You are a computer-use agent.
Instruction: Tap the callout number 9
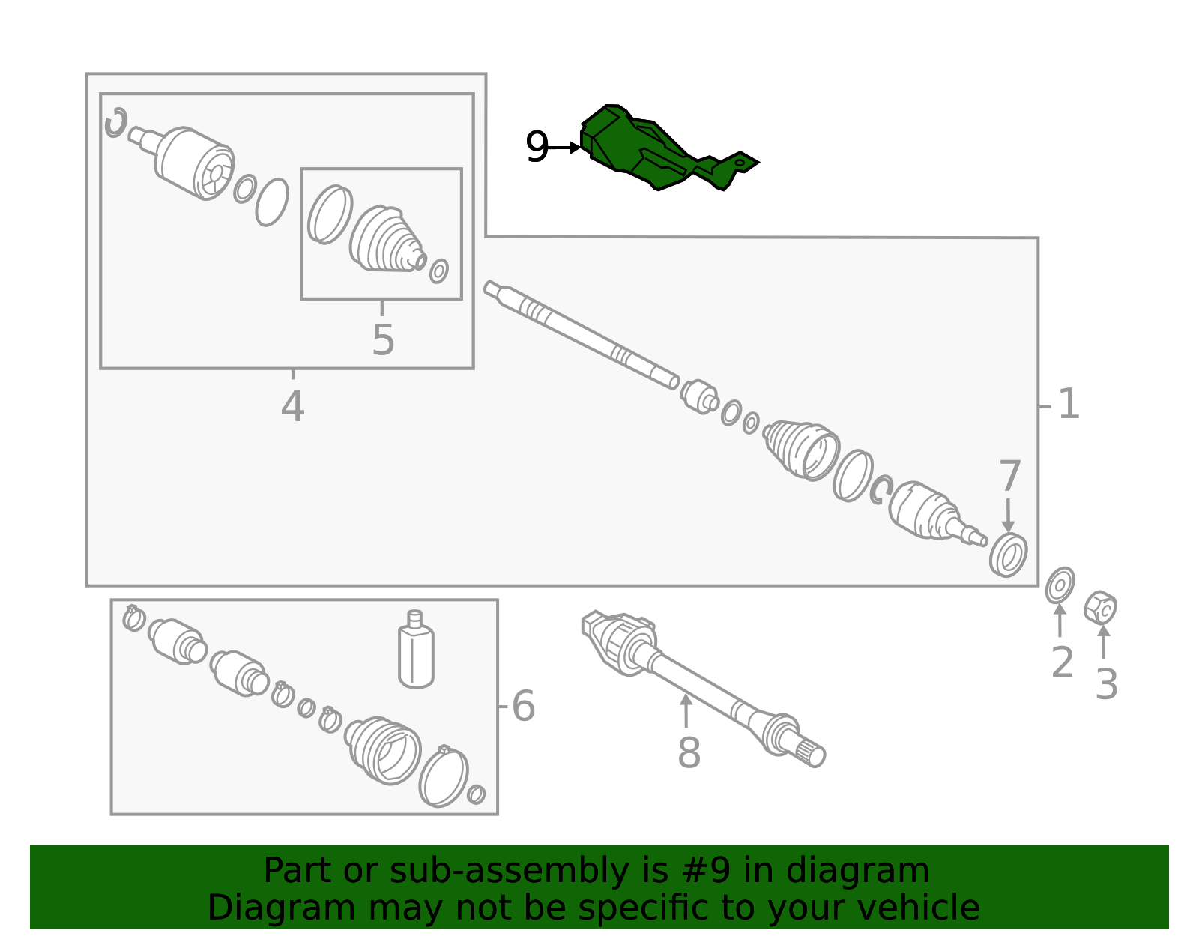point(537,148)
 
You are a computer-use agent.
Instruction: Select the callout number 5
point(383,340)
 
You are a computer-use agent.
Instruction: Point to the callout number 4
point(292,407)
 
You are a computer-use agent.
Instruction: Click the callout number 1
point(1069,404)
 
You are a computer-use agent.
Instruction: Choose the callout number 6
point(523,706)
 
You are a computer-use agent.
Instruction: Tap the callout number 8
point(689,752)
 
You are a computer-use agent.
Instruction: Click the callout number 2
point(1062,662)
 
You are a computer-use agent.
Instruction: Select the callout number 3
point(1106,684)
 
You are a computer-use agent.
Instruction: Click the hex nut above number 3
point(1100,607)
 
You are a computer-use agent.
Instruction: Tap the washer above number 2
point(1060,585)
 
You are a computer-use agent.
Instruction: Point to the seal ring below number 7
point(1008,555)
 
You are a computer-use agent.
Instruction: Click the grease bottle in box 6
point(416,649)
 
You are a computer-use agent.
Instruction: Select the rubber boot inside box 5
point(386,239)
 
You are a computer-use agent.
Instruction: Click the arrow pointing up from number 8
point(686,710)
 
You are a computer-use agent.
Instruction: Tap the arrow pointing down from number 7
point(1008,515)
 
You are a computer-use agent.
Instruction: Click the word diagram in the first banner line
point(857,870)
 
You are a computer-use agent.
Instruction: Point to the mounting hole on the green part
point(740,163)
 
